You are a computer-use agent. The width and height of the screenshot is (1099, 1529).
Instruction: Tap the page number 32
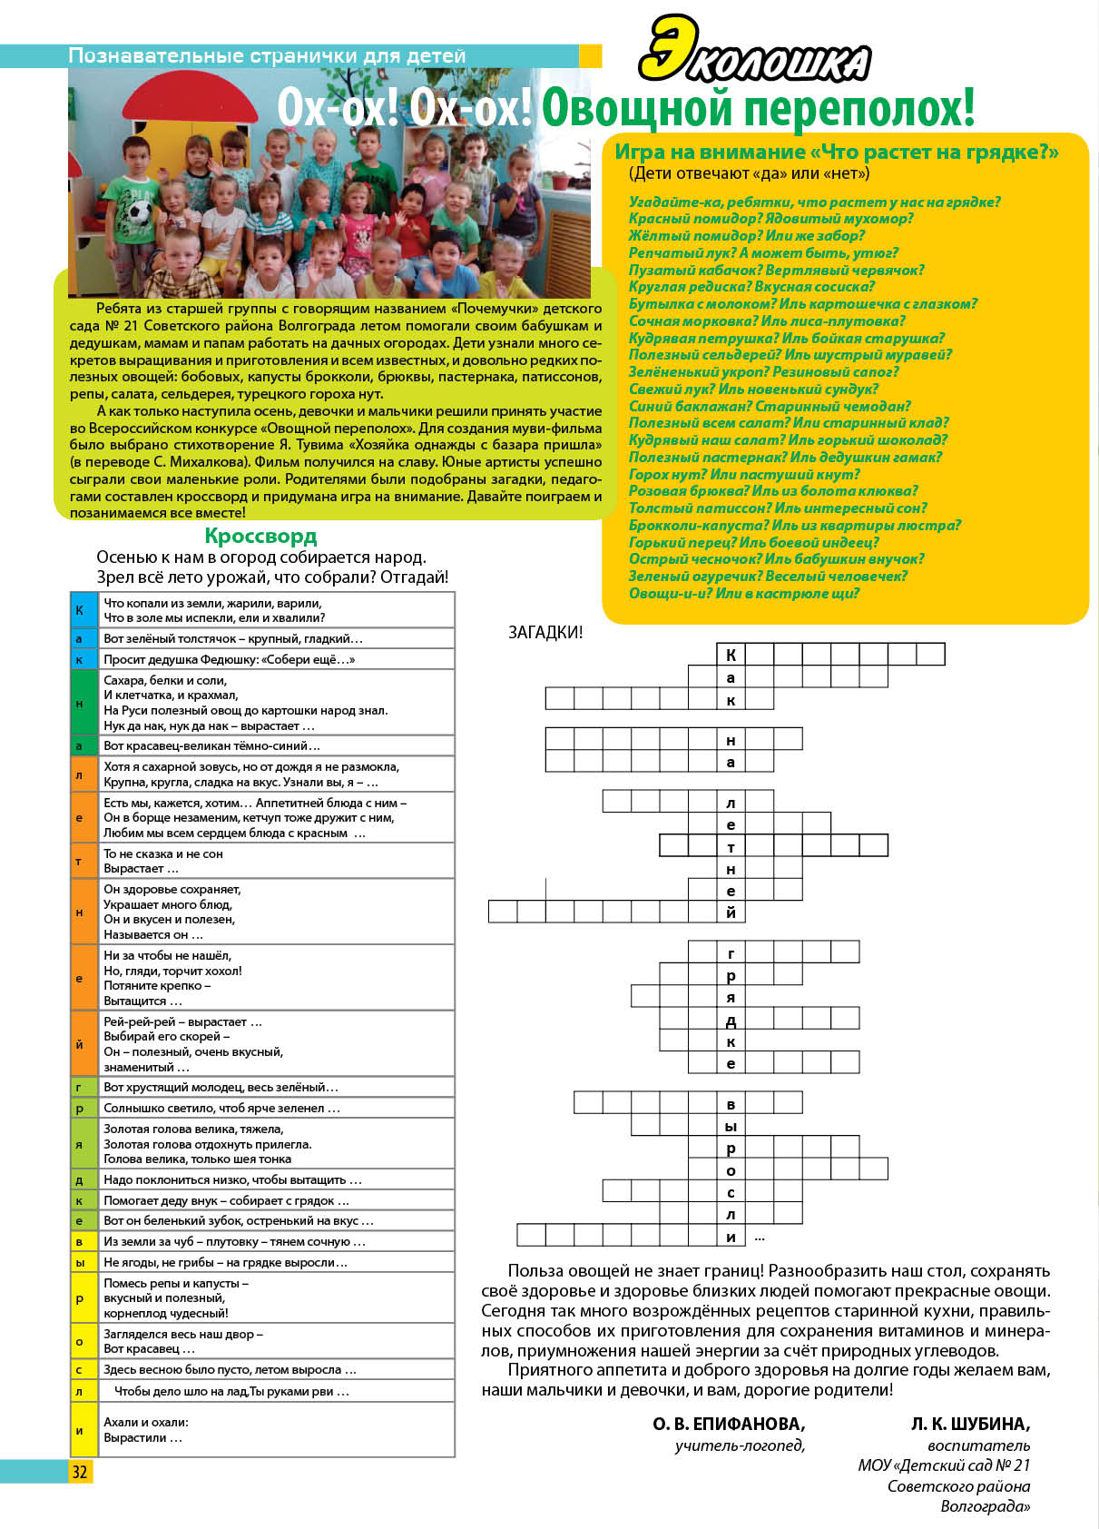[80, 1472]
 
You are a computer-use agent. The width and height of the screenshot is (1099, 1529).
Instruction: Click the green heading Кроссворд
[260, 536]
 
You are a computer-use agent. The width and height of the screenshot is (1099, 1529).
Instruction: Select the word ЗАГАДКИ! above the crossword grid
[545, 633]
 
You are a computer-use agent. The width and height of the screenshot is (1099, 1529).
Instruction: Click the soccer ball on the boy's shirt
[139, 213]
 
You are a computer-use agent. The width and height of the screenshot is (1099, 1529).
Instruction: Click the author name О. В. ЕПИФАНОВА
[729, 1424]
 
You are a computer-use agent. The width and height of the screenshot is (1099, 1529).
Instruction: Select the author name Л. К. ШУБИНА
[970, 1424]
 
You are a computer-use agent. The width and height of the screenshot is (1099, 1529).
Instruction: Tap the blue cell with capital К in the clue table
[80, 610]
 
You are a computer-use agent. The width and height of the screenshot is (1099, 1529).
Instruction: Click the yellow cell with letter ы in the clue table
[80, 1262]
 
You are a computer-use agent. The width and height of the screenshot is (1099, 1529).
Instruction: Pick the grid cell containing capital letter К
[731, 655]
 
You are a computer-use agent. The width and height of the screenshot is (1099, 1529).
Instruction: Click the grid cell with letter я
[731, 997]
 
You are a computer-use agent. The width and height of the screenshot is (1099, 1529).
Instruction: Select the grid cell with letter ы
[731, 1126]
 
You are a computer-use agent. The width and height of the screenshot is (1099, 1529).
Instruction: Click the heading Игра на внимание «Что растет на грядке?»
[836, 152]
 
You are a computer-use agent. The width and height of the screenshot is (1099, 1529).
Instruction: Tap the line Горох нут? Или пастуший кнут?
[744, 474]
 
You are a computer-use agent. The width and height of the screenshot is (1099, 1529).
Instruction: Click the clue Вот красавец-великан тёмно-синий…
[211, 745]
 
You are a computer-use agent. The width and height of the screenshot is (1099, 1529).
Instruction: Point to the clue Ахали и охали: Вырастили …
[145, 1430]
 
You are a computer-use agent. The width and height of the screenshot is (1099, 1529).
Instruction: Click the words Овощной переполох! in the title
[758, 107]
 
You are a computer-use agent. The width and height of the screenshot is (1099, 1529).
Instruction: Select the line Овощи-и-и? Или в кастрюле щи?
[744, 593]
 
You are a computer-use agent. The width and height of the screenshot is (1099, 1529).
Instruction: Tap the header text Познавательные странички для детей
[267, 55]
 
